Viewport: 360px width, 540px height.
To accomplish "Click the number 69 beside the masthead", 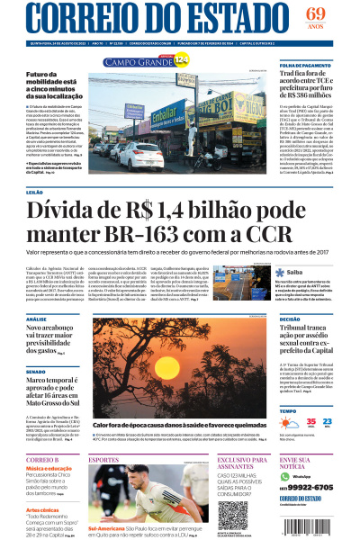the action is [x=314, y=14].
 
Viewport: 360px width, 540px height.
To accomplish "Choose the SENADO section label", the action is [x=35, y=371].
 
